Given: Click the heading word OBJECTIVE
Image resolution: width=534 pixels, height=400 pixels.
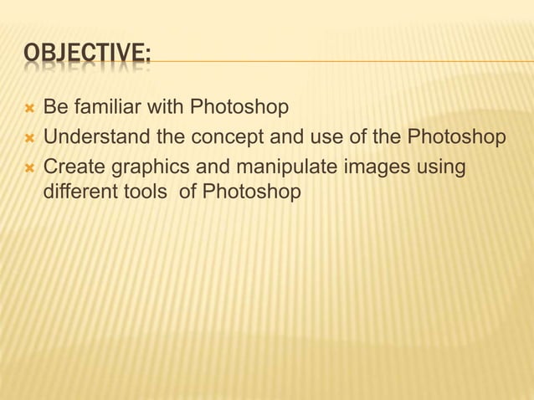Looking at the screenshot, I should tap(87, 56).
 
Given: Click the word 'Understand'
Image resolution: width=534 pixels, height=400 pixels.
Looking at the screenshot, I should tap(95, 136).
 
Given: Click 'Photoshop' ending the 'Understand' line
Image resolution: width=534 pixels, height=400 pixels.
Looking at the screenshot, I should tap(457, 137).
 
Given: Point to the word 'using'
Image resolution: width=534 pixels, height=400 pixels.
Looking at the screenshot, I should tap(441, 166).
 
